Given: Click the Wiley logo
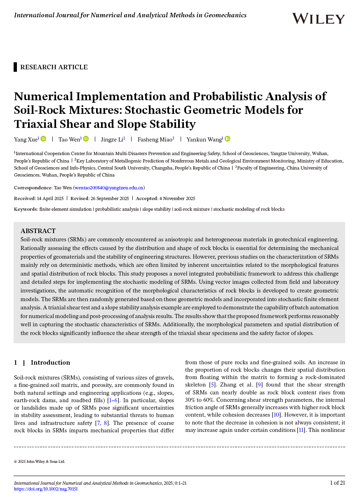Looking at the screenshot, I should (x=318, y=19).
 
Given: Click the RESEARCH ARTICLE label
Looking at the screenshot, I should (x=54, y=67).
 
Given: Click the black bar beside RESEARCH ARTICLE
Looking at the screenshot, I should (x=15, y=67).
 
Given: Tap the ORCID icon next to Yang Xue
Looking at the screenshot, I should (x=43, y=139).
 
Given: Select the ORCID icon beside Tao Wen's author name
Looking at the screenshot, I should (x=86, y=139).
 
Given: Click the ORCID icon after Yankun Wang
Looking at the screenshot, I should (x=227, y=139).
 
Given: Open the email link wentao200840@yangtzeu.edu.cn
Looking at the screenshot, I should (x=108, y=188).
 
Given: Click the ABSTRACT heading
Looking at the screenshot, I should (x=38, y=231).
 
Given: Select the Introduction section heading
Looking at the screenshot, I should (x=50, y=363).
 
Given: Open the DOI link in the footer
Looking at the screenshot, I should (x=46, y=489).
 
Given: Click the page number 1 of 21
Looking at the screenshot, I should (x=337, y=483).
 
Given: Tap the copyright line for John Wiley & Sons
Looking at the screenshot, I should (x=39, y=462).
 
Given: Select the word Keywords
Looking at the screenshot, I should (x=26, y=209).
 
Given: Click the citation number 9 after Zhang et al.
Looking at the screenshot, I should (x=259, y=385).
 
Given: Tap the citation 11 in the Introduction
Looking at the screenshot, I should (x=300, y=429).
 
